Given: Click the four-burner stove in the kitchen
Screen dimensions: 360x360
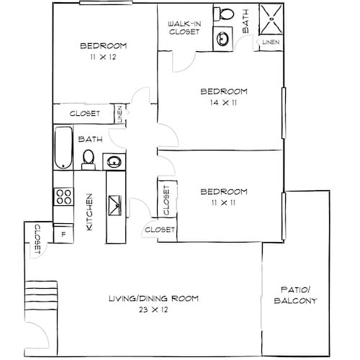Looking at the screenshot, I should (x=63, y=197).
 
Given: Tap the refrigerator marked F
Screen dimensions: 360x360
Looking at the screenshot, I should (x=63, y=234).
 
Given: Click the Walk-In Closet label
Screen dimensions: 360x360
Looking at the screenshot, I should (x=184, y=27).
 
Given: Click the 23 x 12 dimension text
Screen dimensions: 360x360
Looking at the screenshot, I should (x=153, y=310).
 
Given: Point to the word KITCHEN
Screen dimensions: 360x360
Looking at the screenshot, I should (x=90, y=212).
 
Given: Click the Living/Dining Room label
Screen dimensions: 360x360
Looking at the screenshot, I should (x=153, y=298).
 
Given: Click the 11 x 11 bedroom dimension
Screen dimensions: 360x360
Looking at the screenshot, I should (x=224, y=204).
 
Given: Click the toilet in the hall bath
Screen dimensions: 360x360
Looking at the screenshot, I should (x=89, y=158).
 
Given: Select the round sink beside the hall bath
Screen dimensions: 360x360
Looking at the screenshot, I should (x=114, y=162).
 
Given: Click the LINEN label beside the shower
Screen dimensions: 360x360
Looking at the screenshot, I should (x=271, y=43).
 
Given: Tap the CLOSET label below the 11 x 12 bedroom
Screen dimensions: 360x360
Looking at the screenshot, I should (x=84, y=114).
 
